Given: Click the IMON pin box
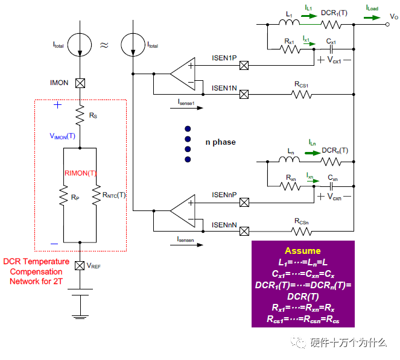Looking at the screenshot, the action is coord(80,83).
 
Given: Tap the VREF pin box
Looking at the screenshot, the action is coord(80,266).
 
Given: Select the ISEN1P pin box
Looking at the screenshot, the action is coord(244,66).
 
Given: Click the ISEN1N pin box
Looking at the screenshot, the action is coord(244,94).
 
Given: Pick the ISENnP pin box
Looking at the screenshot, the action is coord(244,203).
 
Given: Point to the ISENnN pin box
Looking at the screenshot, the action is coord(244,232).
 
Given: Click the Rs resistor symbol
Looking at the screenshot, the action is coord(80,115).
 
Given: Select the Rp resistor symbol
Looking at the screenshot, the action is coord(63,195).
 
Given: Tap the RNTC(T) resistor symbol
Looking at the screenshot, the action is coord(96,195).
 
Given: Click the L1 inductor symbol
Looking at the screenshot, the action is coord(289,22).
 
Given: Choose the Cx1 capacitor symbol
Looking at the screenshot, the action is coord(331,49).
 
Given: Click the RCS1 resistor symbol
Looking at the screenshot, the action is coord(302,95).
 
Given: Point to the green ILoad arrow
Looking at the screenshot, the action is coord(372,17).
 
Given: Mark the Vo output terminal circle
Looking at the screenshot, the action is coord(387,25).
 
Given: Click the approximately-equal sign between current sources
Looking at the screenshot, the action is coord(104,45).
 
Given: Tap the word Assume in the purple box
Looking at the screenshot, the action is coord(303,251).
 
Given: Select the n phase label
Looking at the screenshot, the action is coord(221,142).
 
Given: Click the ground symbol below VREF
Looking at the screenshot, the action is coord(80,317).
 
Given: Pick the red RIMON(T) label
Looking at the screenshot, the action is coord(80,174).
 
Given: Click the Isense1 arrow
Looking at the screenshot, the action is coord(186,108).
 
